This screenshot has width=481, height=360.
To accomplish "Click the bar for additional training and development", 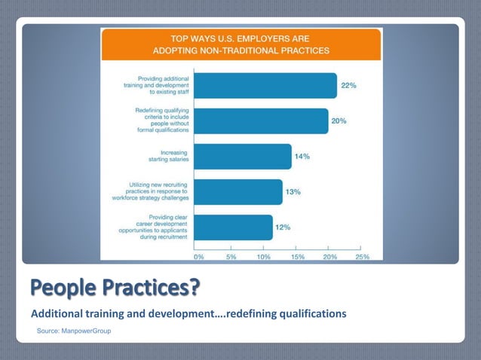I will point(265,86).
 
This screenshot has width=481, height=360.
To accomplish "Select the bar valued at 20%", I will point(261,121).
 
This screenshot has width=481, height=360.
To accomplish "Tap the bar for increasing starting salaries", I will point(243,157).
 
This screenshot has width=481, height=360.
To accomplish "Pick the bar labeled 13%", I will point(238,192).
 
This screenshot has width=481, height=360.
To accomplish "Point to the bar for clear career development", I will point(234,227).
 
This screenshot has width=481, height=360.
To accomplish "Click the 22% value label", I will point(348,86).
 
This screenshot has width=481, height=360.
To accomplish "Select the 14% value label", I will point(302,157).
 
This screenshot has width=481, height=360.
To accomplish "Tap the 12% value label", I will point(283,227).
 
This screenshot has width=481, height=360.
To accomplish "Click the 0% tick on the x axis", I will point(199,256).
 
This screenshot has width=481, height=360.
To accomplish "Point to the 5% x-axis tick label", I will point(231,256).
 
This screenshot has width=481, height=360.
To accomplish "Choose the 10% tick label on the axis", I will point(264,256).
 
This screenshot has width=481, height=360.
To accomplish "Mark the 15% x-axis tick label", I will point(297,256).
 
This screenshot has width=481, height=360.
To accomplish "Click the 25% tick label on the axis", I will point(362,256).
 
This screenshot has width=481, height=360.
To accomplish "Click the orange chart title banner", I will point(241,44).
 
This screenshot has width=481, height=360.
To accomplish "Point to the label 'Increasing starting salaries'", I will point(168,157).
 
